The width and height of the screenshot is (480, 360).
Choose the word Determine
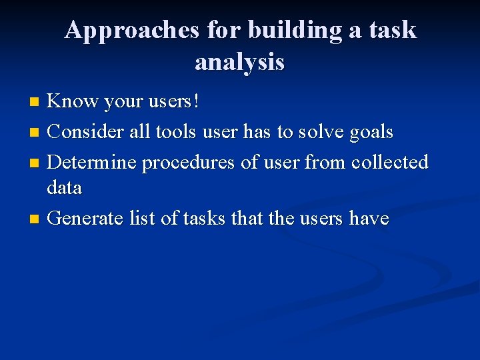click(x=91, y=162)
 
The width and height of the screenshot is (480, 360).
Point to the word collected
click(x=389, y=162)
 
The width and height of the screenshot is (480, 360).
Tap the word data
click(x=65, y=188)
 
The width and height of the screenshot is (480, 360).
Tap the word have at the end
click(x=368, y=218)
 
